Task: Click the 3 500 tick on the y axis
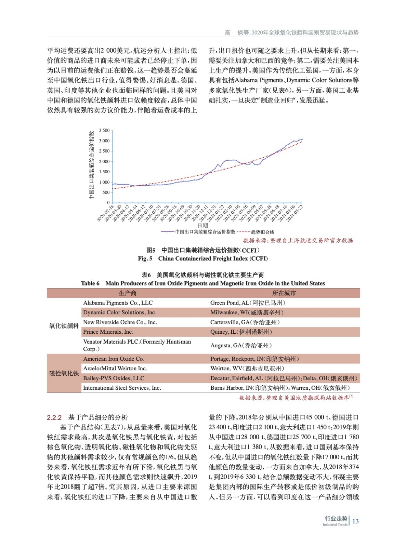[x=104, y=130]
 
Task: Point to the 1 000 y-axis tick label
[x=104, y=182]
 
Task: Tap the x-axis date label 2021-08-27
[x=295, y=213]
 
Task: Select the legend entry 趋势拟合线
[x=263, y=232]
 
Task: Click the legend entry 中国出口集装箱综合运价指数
[x=205, y=232]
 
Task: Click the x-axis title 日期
[x=203, y=226]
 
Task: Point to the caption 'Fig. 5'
[x=145, y=258]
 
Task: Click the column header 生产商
[x=128, y=293]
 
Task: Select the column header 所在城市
[x=284, y=293]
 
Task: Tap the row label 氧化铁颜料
[x=64, y=326]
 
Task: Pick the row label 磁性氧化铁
[x=64, y=373]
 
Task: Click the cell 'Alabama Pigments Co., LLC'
[x=118, y=303]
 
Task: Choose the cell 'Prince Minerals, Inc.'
[x=108, y=332]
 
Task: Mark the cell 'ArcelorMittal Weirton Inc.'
[x=115, y=369]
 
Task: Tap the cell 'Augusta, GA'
[x=241, y=346]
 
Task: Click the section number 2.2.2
[x=54, y=418]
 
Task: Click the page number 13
[x=355, y=521]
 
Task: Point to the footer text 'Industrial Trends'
[x=335, y=525]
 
